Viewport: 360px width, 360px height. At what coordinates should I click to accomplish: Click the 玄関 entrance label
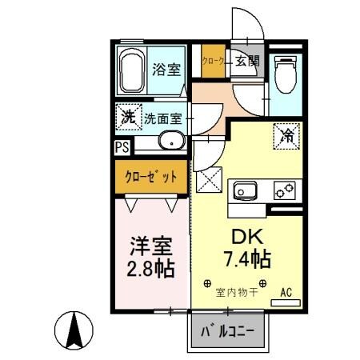pyautogui.click(x=246, y=61)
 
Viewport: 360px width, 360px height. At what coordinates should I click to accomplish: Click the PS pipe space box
pyautogui.click(x=122, y=147)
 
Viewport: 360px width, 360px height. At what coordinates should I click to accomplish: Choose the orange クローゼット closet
pyautogui.click(x=150, y=177)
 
